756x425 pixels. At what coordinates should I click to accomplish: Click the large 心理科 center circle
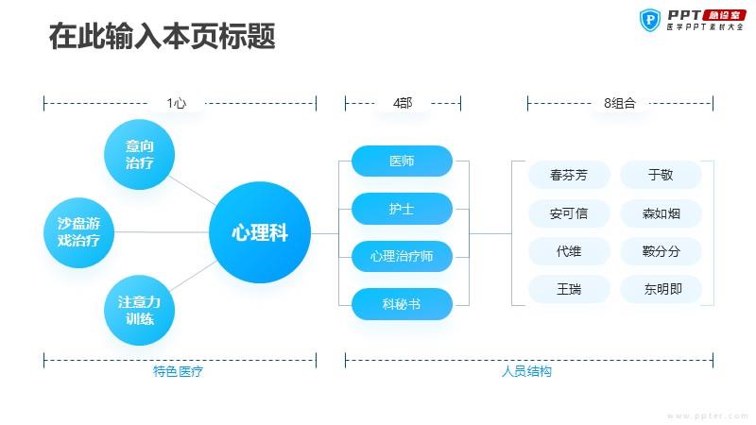260,232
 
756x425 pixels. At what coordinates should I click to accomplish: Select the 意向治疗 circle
139,154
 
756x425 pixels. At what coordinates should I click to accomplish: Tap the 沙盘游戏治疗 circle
78,232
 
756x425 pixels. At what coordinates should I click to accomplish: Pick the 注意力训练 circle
139,310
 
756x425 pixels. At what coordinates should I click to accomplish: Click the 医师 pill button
403,161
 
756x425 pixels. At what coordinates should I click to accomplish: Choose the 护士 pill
403,209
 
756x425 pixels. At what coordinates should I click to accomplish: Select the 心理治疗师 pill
403,256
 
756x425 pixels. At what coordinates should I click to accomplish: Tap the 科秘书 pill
403,303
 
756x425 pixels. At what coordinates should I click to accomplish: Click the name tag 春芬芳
569,175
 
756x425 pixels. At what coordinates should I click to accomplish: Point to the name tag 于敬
661,175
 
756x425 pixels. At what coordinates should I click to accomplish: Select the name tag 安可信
569,213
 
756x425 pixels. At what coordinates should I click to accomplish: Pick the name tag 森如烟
661,213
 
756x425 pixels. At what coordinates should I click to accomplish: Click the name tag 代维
569,251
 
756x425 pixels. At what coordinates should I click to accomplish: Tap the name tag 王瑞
569,289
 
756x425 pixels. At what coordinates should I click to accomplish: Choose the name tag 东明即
661,289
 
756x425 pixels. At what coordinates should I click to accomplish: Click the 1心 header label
177,103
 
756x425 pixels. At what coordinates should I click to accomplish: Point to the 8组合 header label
620,103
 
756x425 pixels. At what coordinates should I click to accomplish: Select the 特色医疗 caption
178,371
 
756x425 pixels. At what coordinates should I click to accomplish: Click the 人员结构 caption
526,371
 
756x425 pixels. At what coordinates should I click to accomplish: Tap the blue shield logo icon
650,20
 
